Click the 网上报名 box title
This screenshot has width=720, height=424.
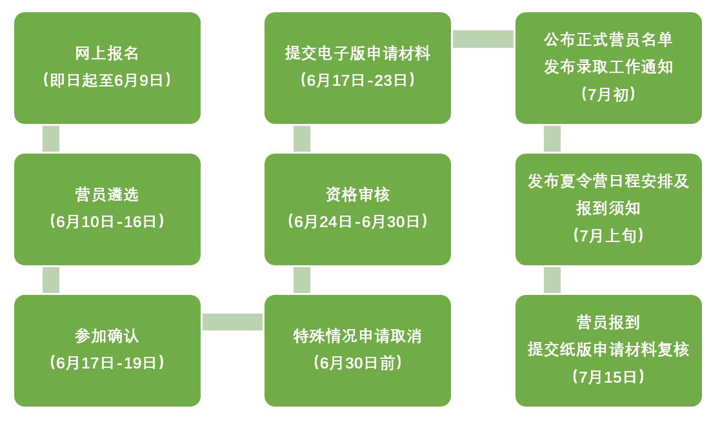(x=107, y=53)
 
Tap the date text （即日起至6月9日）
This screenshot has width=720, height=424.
(x=107, y=80)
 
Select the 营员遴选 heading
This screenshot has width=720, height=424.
(x=107, y=194)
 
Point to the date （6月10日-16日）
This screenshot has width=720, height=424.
(x=107, y=221)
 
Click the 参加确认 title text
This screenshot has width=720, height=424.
(x=107, y=336)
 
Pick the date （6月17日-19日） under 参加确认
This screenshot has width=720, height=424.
(x=107, y=363)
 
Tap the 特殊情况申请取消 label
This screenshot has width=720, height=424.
(x=357, y=336)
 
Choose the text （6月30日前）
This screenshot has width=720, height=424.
(x=357, y=363)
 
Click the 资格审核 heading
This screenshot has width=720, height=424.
(x=357, y=194)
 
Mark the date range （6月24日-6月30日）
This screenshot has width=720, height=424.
(x=357, y=221)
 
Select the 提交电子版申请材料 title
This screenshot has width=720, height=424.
(x=357, y=53)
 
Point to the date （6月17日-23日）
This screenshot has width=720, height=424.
(x=357, y=80)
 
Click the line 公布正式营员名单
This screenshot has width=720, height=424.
(x=608, y=39)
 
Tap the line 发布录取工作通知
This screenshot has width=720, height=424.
(x=608, y=66)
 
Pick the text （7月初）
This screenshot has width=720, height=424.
(x=608, y=94)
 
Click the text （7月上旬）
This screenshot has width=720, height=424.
(x=608, y=236)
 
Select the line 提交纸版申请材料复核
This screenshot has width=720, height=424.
(x=608, y=349)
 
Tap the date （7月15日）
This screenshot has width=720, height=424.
(x=608, y=377)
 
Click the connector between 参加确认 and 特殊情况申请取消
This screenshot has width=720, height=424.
(x=232, y=322)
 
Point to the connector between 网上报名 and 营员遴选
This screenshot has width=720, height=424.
(x=51, y=139)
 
